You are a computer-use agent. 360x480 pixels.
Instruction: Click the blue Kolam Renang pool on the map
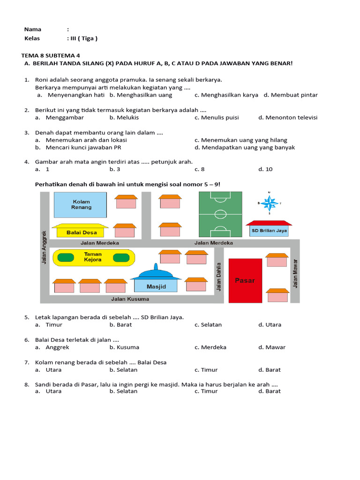point(81,205)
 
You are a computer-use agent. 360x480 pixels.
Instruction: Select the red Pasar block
point(245,280)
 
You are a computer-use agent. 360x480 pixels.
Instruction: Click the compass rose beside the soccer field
point(270,203)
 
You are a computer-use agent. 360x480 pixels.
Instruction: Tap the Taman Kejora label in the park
point(93,257)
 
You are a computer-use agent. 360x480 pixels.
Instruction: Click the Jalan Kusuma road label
point(130,299)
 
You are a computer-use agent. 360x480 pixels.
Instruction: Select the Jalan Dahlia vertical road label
point(219,277)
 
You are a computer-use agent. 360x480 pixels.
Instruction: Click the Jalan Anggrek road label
point(45,247)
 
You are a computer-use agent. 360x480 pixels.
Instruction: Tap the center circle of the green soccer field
point(220,215)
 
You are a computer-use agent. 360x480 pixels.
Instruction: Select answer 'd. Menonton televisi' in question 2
point(288,117)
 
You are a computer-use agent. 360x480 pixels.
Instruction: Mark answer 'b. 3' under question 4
point(115,169)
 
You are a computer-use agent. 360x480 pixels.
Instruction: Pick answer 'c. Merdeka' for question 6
point(210,347)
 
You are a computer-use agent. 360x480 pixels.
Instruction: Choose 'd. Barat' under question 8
point(270,391)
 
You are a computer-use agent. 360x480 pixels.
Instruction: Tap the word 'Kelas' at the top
point(32,38)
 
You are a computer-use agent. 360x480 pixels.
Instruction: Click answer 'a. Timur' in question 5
point(49,324)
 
